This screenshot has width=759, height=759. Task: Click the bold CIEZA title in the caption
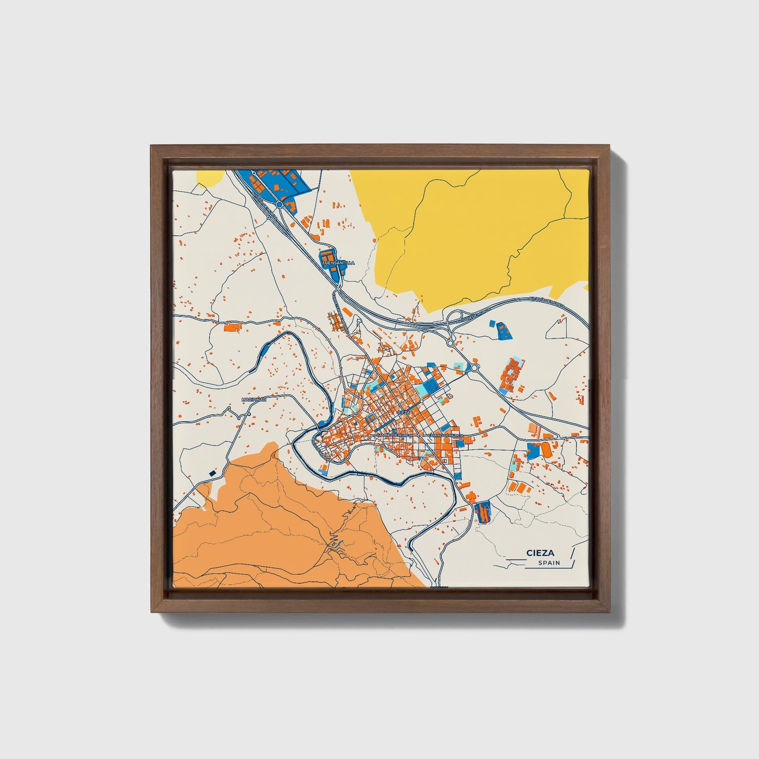pos(540,553)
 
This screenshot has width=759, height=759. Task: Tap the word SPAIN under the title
pos(549,563)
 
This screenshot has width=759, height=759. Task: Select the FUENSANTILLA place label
pos(338,263)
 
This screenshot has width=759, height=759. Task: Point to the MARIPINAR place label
pos(254,400)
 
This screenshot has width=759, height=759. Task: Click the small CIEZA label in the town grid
pos(403,413)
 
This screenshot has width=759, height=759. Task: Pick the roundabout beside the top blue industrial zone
pos(279,204)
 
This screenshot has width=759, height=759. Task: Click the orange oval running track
pos(546,450)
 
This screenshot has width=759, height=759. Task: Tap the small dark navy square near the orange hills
pos(213,473)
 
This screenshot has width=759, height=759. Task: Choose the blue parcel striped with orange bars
pos(482,511)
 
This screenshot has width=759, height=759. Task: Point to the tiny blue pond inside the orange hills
pos(340,542)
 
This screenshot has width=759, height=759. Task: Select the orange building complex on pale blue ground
pos(510,374)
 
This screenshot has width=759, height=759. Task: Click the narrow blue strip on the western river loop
pos(265,347)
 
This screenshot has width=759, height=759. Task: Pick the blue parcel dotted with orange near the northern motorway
pos(503,329)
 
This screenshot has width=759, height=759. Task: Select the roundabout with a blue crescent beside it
pos(475,368)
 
